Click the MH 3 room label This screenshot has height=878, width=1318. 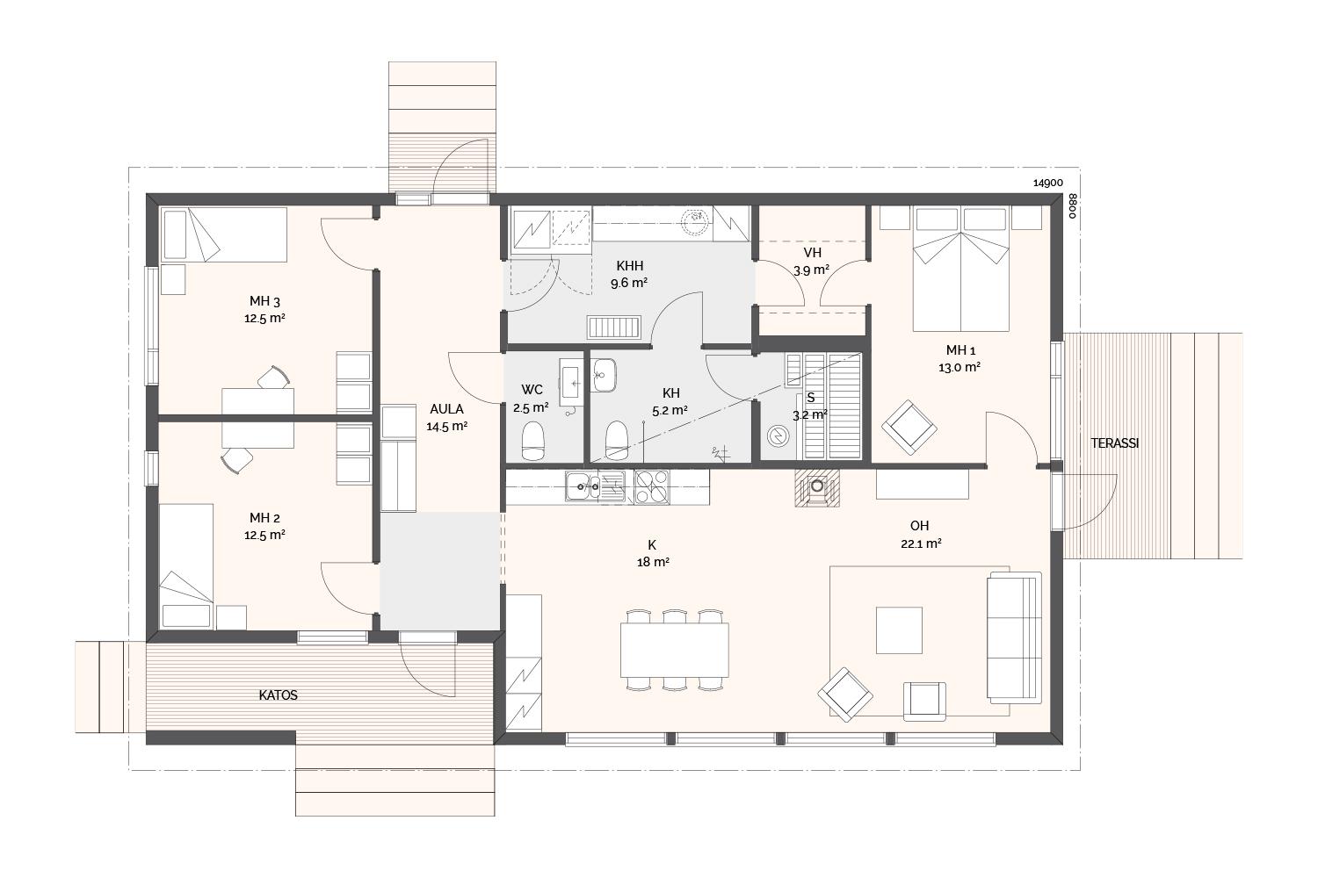(264, 301)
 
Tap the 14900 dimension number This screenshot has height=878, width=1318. (1048, 183)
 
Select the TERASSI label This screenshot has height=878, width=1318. (1115, 443)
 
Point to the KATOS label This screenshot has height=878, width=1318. (279, 695)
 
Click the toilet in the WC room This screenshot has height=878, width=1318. (533, 441)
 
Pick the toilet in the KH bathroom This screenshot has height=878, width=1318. (617, 440)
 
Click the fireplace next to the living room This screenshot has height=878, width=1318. (816, 487)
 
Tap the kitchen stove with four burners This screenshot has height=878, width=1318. (652, 487)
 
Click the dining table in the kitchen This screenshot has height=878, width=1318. (674, 650)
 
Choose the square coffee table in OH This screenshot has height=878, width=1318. (899, 630)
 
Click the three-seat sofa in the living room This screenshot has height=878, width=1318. (1014, 637)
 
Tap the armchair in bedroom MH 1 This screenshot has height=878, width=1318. (909, 428)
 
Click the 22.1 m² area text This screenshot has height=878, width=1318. (921, 543)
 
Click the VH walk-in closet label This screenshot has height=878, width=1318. (812, 253)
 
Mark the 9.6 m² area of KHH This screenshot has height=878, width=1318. (629, 283)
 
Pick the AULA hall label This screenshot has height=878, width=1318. (446, 409)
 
